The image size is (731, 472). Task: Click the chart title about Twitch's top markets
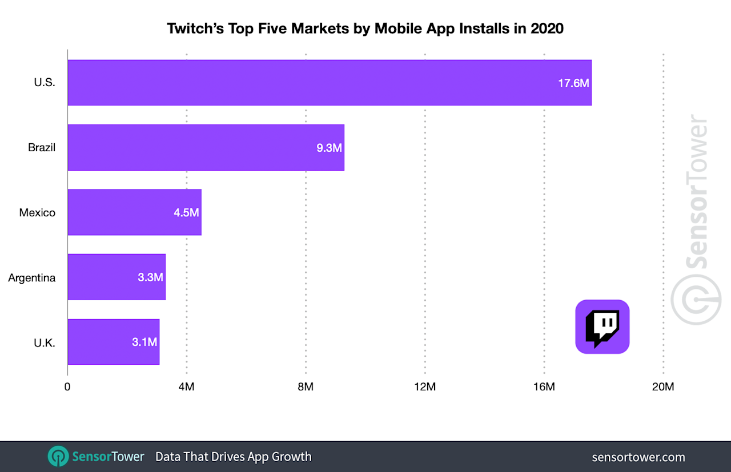(365, 28)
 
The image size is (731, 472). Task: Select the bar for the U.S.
(329, 83)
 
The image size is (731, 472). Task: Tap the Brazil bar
(206, 147)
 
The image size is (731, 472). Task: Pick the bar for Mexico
(134, 212)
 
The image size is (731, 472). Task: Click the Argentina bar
(116, 277)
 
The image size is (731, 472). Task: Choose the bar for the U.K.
(113, 342)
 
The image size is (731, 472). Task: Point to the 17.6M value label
(573, 83)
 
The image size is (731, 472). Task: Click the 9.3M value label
(329, 148)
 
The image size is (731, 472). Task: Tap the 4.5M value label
(186, 213)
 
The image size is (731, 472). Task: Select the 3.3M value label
(150, 277)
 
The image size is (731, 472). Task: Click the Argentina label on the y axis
(32, 278)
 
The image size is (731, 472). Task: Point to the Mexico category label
(37, 213)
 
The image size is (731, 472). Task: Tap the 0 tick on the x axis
(68, 387)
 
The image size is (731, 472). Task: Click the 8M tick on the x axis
(306, 387)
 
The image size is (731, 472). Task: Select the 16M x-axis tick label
(544, 387)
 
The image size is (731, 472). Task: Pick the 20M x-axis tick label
(663, 387)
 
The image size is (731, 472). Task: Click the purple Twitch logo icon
(602, 327)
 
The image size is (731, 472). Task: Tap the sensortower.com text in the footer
(638, 457)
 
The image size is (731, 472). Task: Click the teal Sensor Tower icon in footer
(57, 457)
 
